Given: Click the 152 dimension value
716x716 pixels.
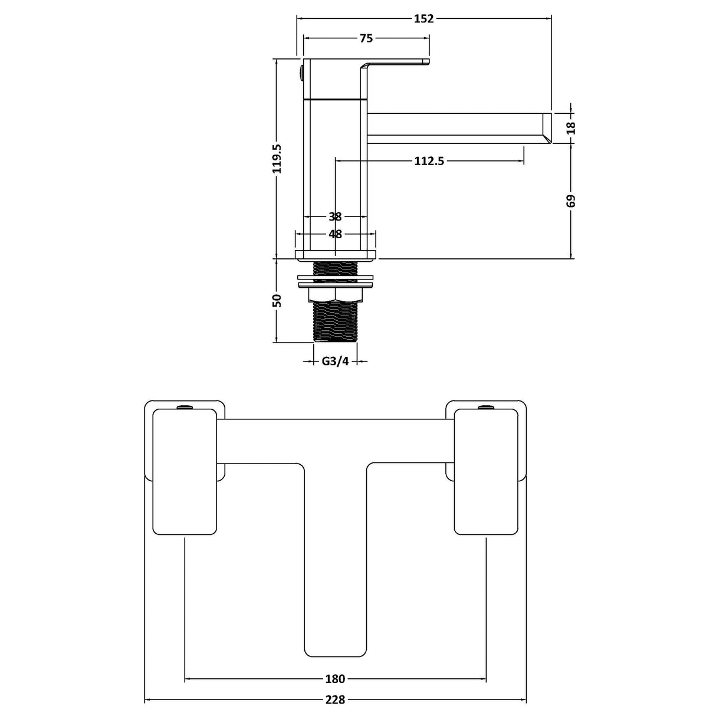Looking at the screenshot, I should tap(423, 18).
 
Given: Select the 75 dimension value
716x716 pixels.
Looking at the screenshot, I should tap(366, 38).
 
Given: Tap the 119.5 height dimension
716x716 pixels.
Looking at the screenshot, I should tap(277, 158).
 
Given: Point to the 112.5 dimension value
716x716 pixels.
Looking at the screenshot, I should tap(428, 160).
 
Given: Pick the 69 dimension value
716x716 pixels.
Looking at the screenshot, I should tap(570, 201).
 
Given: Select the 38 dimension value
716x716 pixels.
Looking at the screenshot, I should tap(335, 216).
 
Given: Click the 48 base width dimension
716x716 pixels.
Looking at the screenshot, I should tap(335, 234).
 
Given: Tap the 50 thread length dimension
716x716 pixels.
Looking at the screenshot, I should tap(277, 300).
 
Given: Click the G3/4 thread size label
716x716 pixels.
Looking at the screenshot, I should tap(335, 361).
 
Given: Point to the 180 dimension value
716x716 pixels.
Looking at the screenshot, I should tap(335, 679).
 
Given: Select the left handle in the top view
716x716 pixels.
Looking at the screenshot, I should tap(185, 472).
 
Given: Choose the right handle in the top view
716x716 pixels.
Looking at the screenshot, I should tap(486, 472).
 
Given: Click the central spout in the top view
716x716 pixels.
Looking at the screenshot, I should tap(335, 560).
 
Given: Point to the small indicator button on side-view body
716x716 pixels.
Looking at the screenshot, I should tap(300, 74).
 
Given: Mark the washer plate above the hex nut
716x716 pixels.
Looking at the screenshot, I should tap(335, 277).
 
